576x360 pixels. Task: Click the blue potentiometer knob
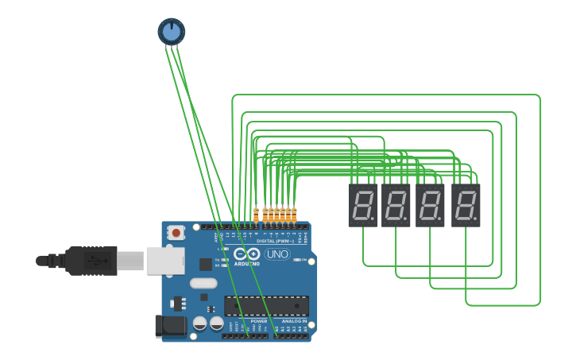pos(171,31)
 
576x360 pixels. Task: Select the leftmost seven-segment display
pos(363,205)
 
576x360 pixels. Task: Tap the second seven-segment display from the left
pos(396,205)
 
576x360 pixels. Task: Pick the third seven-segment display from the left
pos(430,205)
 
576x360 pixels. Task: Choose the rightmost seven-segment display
pos(466,205)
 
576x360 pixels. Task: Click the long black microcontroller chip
pos(266,305)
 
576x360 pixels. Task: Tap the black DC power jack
pos(170,324)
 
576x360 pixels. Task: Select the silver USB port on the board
pos(165,260)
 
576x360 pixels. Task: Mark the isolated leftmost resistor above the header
pos(256,215)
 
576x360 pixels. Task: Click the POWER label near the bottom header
pos(259,321)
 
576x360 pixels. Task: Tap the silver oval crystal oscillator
pos(203,283)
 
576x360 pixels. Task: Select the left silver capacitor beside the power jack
pos(199,323)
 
